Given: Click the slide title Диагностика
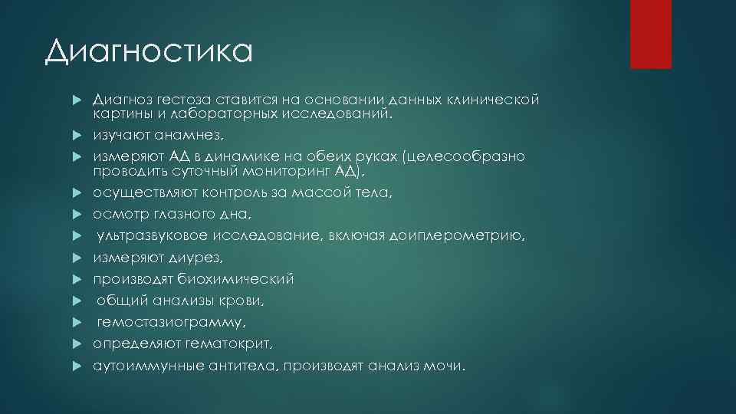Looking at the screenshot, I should (x=147, y=53).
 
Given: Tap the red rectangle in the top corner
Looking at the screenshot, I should (x=650, y=34).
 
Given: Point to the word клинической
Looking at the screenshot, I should (x=494, y=100).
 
